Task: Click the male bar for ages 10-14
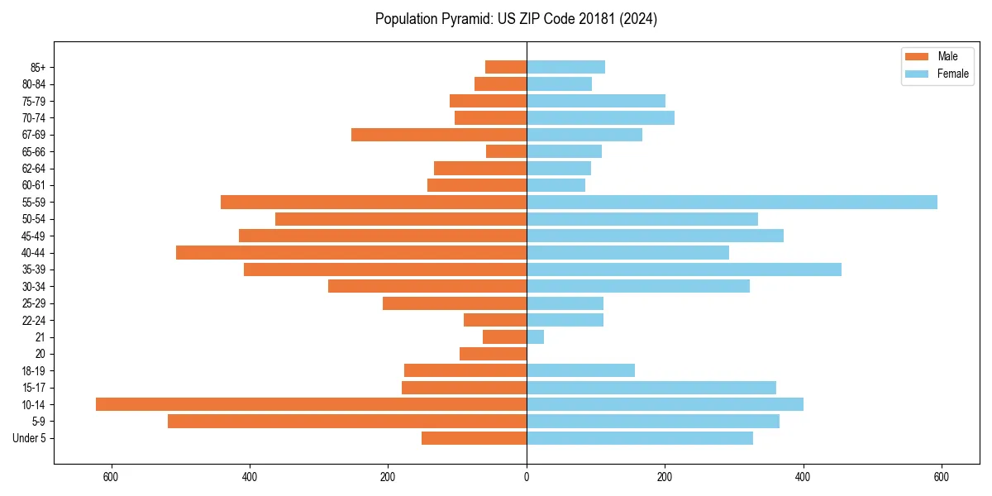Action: (x=311, y=404)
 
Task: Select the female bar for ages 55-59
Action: (x=732, y=202)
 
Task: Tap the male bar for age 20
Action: (x=494, y=354)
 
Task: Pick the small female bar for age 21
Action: (x=536, y=337)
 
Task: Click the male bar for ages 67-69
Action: (x=439, y=135)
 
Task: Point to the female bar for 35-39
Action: (x=684, y=269)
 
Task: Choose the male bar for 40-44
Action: (x=351, y=252)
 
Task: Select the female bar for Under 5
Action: (x=640, y=438)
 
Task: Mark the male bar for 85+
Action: (x=506, y=67)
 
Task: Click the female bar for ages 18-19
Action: (x=580, y=370)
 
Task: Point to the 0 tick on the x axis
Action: (x=527, y=477)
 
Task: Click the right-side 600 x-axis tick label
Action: (x=941, y=477)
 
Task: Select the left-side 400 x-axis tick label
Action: (x=249, y=477)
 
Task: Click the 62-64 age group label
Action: (x=33, y=169)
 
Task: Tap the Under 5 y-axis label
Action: (x=29, y=438)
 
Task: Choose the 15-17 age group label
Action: (x=33, y=388)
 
